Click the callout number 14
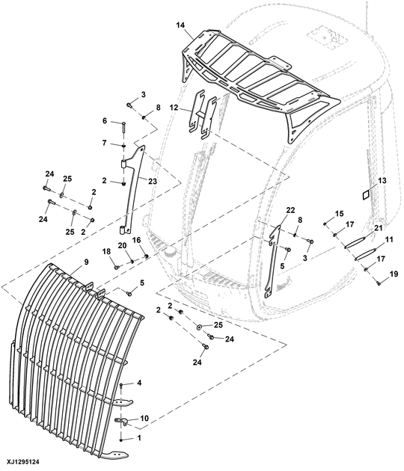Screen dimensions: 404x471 coord(180,25)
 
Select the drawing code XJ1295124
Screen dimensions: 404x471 coord(20,461)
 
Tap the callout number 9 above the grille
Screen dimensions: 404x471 coord(86,262)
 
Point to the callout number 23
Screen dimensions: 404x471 coord(153,181)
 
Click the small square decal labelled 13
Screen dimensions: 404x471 coord(367,195)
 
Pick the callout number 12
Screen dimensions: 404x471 coord(174,108)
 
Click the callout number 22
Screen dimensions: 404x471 coord(291,210)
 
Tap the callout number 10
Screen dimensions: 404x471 coord(144,418)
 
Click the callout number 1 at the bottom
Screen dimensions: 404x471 coord(139,438)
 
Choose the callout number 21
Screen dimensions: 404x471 coord(378,228)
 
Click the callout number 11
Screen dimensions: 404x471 coord(389,240)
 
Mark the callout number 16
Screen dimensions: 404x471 coord(136,240)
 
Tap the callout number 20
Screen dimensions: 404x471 coord(122,245)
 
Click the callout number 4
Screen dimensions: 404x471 coord(139,383)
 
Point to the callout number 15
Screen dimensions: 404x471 coord(340,214)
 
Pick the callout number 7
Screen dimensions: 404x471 coord(104,143)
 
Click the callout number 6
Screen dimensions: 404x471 coord(105,121)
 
